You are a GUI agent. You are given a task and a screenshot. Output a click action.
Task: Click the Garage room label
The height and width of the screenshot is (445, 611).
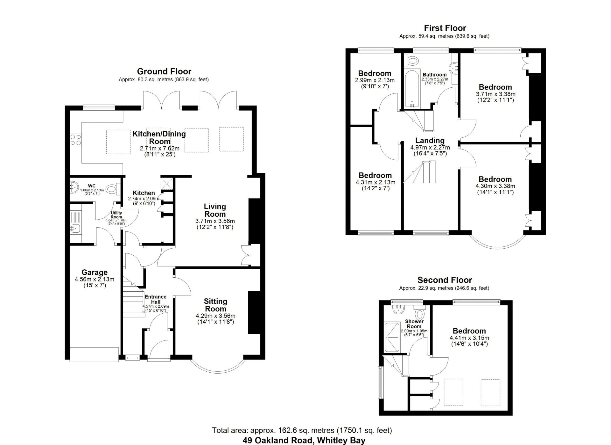(x=95, y=273)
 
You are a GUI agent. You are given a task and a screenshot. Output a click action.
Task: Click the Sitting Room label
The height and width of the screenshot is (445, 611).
(x=215, y=305)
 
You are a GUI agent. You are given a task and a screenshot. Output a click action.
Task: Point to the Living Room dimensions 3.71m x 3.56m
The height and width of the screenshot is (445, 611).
(x=215, y=221)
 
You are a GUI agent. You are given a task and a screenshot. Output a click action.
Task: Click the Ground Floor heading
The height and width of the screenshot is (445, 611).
(x=164, y=71)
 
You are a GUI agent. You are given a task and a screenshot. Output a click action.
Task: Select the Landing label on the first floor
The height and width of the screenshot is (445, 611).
(x=430, y=141)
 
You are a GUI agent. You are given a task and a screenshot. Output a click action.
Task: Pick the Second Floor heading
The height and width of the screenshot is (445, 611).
(x=445, y=280)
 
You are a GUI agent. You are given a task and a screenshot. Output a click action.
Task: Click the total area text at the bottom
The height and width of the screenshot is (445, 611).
(x=302, y=431)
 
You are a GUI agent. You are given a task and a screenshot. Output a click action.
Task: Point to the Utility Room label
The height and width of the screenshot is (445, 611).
(x=116, y=215)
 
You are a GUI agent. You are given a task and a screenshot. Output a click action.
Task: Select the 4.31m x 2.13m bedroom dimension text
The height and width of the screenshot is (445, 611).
(x=375, y=182)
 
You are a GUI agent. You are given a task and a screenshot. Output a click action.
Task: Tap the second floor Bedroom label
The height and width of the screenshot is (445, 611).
(x=469, y=331)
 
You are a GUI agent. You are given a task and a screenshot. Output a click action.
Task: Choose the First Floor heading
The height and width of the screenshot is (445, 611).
(x=445, y=28)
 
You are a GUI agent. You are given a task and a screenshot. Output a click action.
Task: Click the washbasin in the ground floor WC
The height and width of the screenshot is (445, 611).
(x=74, y=187)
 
